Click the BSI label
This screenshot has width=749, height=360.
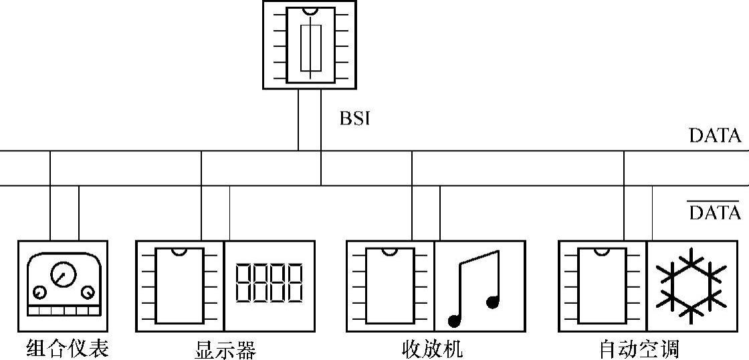354,119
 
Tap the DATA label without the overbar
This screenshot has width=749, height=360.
715,136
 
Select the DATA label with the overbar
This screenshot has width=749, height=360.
715,213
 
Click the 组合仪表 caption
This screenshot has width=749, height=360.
67,348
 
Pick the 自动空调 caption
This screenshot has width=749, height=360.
639,349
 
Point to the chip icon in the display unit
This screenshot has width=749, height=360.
179,286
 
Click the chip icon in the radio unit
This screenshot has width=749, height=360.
390,286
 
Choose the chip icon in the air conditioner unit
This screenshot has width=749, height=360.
602,286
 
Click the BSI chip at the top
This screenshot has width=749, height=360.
310,45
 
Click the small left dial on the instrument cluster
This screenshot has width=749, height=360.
39,293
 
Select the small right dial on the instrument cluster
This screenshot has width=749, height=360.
88,292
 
